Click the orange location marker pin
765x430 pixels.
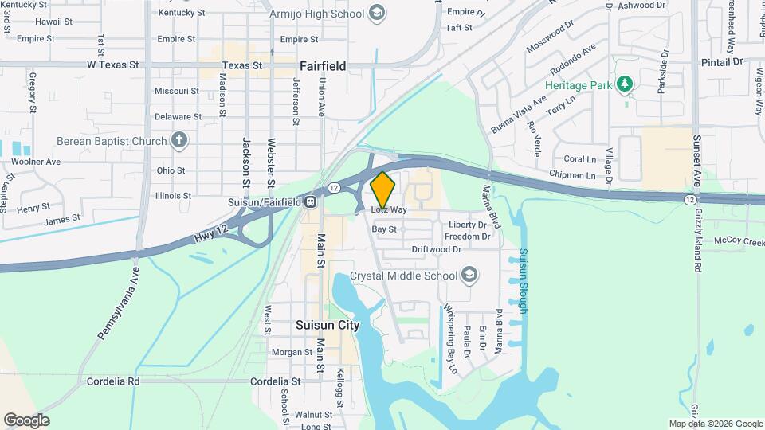383,190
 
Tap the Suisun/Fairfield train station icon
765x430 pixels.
309,201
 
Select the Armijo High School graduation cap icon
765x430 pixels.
378,14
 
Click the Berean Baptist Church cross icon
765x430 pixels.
179,141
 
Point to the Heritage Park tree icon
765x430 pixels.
626,84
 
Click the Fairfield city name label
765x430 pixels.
323,66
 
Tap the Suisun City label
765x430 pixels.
328,325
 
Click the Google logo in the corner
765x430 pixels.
26,420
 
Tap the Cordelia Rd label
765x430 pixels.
113,381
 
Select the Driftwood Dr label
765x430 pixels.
436,249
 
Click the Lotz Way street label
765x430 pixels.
389,210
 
